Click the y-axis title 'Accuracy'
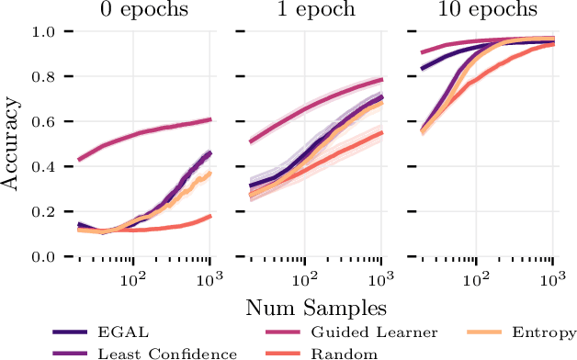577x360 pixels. click(x=11, y=143)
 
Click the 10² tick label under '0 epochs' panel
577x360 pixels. click(x=134, y=276)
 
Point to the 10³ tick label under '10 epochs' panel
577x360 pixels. click(x=552, y=276)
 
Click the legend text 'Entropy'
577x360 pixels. click(x=545, y=332)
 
